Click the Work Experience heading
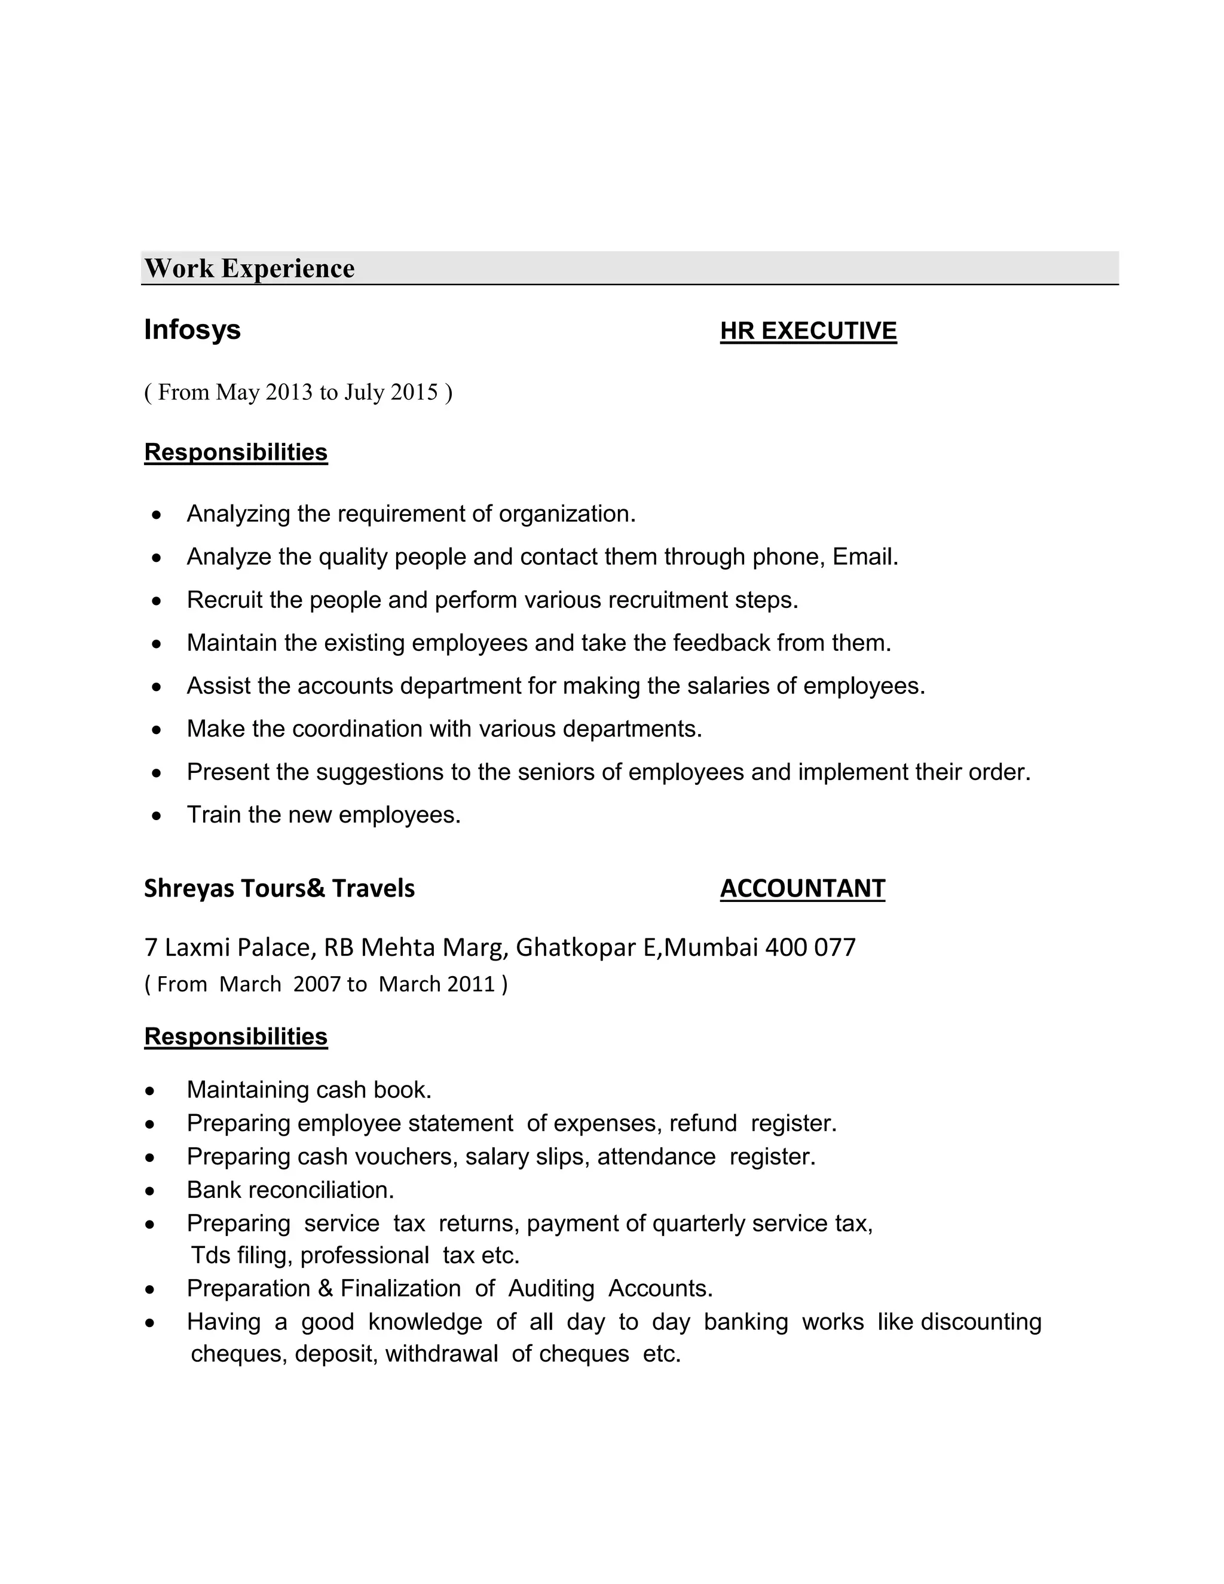(x=249, y=268)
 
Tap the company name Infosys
(x=192, y=329)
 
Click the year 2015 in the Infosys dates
(x=414, y=392)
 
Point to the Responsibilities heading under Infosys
(x=235, y=452)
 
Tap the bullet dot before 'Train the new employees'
(x=157, y=816)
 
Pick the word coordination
(x=357, y=728)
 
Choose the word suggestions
(x=380, y=772)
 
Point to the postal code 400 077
(x=810, y=947)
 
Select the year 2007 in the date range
(x=317, y=984)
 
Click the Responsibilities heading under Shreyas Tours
(x=235, y=1036)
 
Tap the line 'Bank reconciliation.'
(x=290, y=1190)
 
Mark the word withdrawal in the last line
(x=442, y=1354)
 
